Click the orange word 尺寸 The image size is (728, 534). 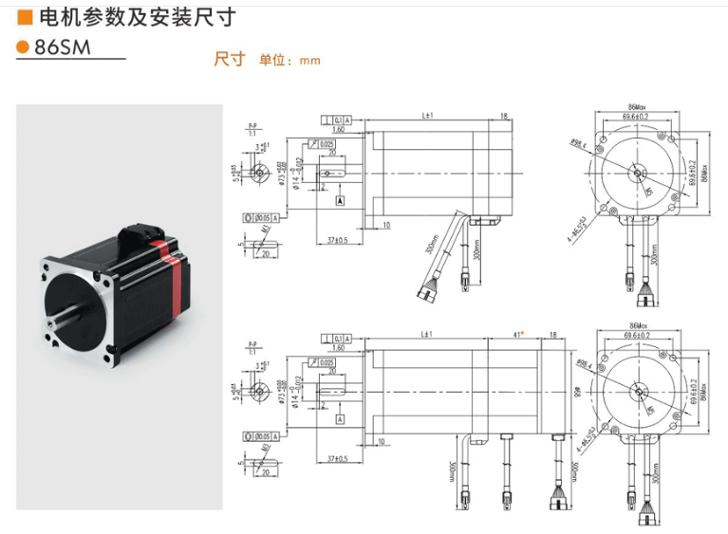[x=229, y=59]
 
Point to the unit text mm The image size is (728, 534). [x=310, y=61]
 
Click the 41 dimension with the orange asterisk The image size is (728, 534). [x=517, y=335]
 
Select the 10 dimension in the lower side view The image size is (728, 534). [x=380, y=442]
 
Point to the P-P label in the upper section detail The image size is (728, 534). [x=252, y=126]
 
